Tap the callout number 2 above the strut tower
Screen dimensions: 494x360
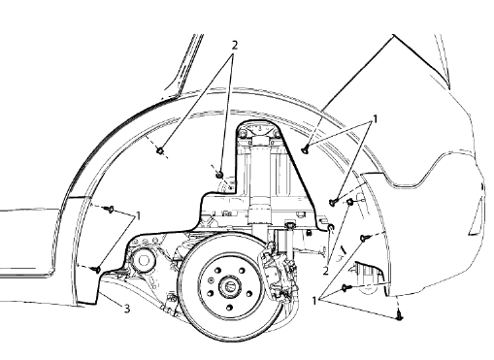pyautogui.click(x=233, y=46)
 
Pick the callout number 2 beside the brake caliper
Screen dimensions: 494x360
pyautogui.click(x=326, y=271)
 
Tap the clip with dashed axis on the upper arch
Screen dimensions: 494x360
pyautogui.click(x=159, y=150)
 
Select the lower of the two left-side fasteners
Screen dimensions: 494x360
pyautogui.click(x=97, y=269)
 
